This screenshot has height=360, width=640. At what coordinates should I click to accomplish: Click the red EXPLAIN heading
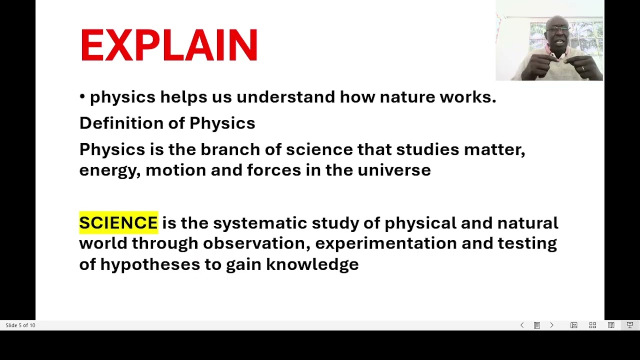(168, 45)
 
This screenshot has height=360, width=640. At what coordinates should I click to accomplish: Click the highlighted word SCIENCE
(118, 223)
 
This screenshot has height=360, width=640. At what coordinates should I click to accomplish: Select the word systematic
(259, 223)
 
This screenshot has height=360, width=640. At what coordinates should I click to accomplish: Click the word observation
(253, 243)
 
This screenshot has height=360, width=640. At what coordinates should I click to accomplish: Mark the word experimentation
(385, 243)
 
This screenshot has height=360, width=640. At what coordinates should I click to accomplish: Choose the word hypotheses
(150, 264)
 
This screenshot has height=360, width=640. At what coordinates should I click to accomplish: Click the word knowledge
(312, 264)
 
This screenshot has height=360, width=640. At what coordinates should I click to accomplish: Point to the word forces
(273, 170)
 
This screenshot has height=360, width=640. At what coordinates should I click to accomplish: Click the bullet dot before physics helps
(82, 97)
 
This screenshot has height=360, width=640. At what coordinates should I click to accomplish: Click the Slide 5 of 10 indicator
(20, 325)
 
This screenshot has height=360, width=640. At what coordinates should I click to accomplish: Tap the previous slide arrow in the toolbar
(522, 325)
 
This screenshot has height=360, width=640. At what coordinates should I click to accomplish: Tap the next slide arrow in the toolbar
(551, 325)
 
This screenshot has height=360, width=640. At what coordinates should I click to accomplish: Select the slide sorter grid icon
(592, 325)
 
